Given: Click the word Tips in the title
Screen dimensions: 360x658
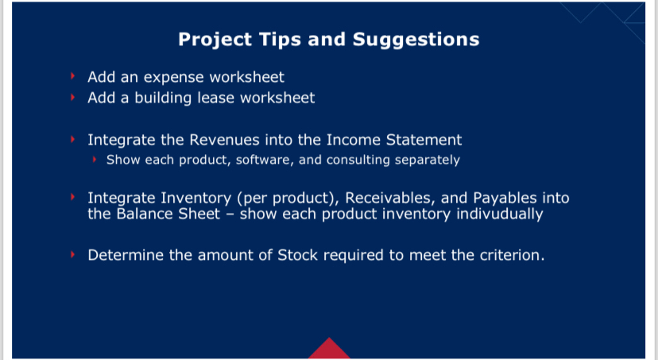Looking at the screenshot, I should tap(277, 39).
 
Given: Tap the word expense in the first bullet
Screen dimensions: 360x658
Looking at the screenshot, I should tap(168, 77).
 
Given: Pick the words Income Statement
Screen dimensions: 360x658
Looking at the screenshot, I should tap(400, 140).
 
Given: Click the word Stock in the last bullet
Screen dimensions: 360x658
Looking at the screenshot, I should tap(299, 256).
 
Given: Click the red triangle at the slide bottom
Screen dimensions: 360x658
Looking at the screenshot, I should tap(329, 349).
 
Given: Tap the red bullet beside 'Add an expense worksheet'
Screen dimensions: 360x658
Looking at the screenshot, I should tap(72, 77).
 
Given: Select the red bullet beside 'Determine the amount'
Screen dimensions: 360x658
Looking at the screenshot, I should tap(72, 256).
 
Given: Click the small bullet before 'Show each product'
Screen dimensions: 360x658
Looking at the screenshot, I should tap(94, 160).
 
